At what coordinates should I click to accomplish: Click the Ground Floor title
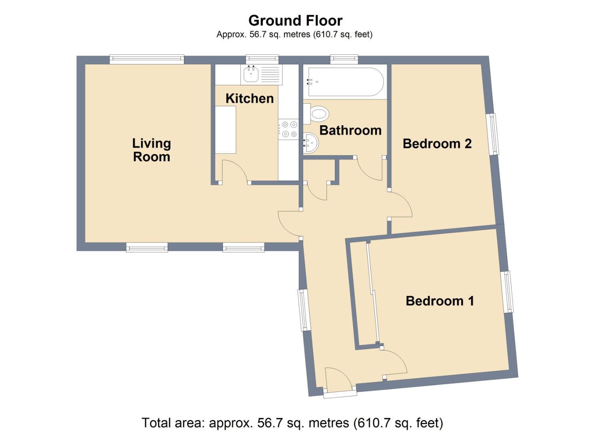click(x=296, y=21)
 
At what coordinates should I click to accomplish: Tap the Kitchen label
click(x=250, y=99)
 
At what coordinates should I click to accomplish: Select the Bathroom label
click(x=350, y=130)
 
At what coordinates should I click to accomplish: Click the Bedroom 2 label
click(x=437, y=144)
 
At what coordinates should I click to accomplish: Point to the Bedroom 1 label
click(x=440, y=301)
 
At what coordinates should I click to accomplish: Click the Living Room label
click(x=152, y=150)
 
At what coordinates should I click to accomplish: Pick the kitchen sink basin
click(x=250, y=74)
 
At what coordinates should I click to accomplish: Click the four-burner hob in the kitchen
click(x=288, y=129)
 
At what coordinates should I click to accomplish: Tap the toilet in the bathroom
click(x=316, y=114)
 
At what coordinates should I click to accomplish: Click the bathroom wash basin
click(x=311, y=143)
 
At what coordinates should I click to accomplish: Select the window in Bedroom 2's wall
click(x=493, y=134)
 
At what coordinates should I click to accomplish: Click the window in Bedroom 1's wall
click(x=507, y=292)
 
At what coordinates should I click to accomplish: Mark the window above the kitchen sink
click(x=262, y=59)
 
